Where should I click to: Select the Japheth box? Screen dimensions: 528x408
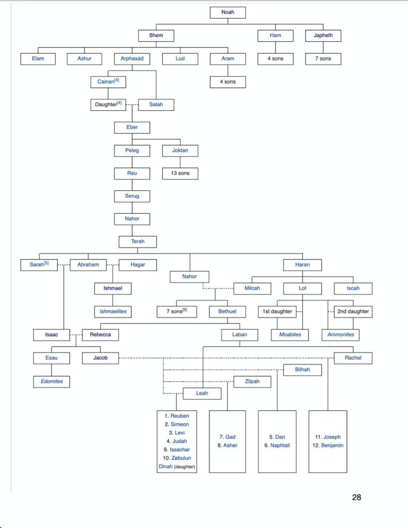[x=323, y=36]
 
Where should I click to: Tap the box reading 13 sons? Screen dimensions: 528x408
[x=180, y=173]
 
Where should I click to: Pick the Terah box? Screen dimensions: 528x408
[x=137, y=242]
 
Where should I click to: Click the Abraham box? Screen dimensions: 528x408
[x=88, y=265]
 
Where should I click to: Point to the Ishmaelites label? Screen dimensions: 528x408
[x=113, y=312]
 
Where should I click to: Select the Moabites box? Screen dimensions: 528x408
[x=290, y=335]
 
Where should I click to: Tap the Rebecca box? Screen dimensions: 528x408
[x=100, y=335]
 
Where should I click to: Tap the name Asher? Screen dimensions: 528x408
[x=230, y=445]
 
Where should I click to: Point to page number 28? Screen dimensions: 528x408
[x=356, y=498]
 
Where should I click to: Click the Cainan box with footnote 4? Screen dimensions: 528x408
[x=108, y=82]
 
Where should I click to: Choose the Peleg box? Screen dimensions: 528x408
[x=133, y=151]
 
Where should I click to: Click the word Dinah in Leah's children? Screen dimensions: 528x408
[x=165, y=466]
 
